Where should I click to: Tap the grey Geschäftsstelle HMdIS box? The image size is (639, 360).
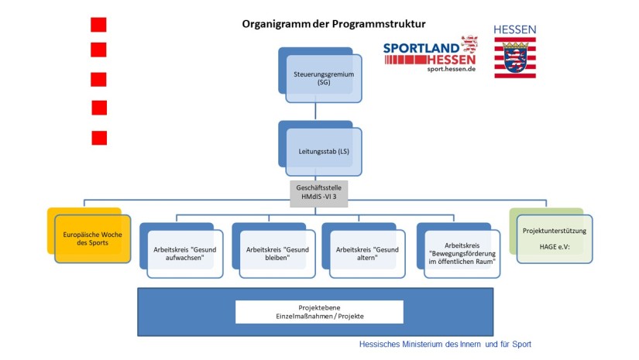click(x=318, y=194)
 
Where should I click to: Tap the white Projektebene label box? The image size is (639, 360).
click(x=319, y=312)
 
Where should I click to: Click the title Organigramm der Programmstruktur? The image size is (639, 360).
click(x=334, y=24)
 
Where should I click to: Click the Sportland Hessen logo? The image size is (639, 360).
click(x=431, y=53)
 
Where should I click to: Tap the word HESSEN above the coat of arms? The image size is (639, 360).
click(x=515, y=29)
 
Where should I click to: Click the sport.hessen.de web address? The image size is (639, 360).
click(x=451, y=69)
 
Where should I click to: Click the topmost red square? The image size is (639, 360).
click(x=98, y=25)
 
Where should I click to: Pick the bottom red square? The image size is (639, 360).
click(x=99, y=138)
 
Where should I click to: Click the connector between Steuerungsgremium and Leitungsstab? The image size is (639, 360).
click(x=315, y=111)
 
